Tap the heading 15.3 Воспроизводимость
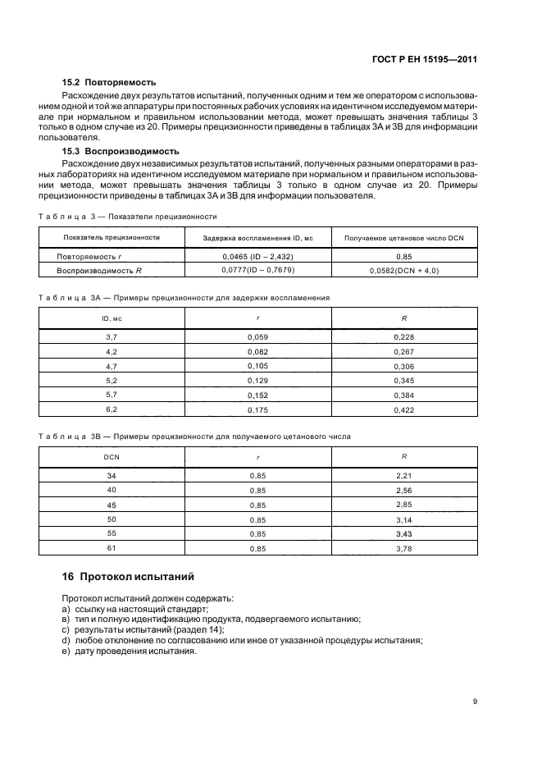click(121, 152)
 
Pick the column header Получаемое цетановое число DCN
click(404, 237)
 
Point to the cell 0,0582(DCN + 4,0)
click(404, 270)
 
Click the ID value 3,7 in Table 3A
click(112, 337)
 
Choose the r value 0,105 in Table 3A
click(258, 366)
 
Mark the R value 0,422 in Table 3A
click(404, 409)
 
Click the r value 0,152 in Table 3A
click(258, 395)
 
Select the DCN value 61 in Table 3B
click(112, 548)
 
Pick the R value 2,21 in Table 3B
click(404, 476)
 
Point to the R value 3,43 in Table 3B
click(404, 533)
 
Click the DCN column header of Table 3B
click(112, 455)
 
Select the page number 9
click(475, 702)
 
